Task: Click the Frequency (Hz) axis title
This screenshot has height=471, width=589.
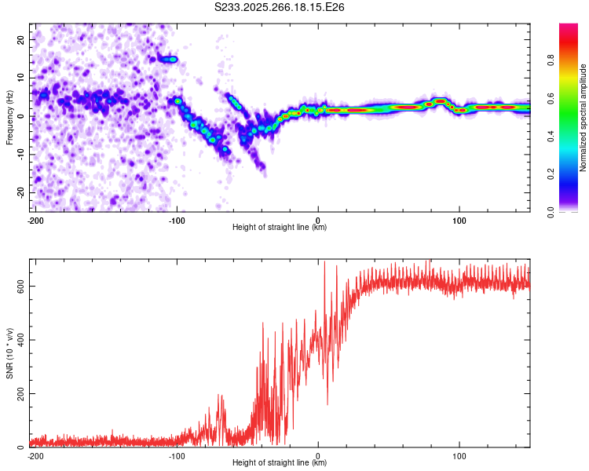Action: tap(10, 117)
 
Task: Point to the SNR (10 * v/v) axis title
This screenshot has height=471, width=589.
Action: tap(10, 352)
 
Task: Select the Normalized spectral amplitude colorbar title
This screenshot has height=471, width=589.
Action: tap(584, 118)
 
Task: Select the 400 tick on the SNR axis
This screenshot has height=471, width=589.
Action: tap(18, 339)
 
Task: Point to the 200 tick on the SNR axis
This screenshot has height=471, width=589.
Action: tap(18, 393)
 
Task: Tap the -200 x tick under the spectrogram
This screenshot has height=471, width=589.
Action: tap(35, 219)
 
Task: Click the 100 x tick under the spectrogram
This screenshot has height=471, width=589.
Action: tap(459, 219)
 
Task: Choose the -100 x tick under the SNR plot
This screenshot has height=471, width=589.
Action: tap(176, 455)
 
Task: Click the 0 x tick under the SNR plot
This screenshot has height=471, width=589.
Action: tap(318, 455)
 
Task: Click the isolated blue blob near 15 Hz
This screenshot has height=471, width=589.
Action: tap(169, 59)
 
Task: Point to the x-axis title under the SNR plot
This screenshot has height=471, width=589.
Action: tap(280, 463)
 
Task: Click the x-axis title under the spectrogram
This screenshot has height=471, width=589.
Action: tap(280, 227)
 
